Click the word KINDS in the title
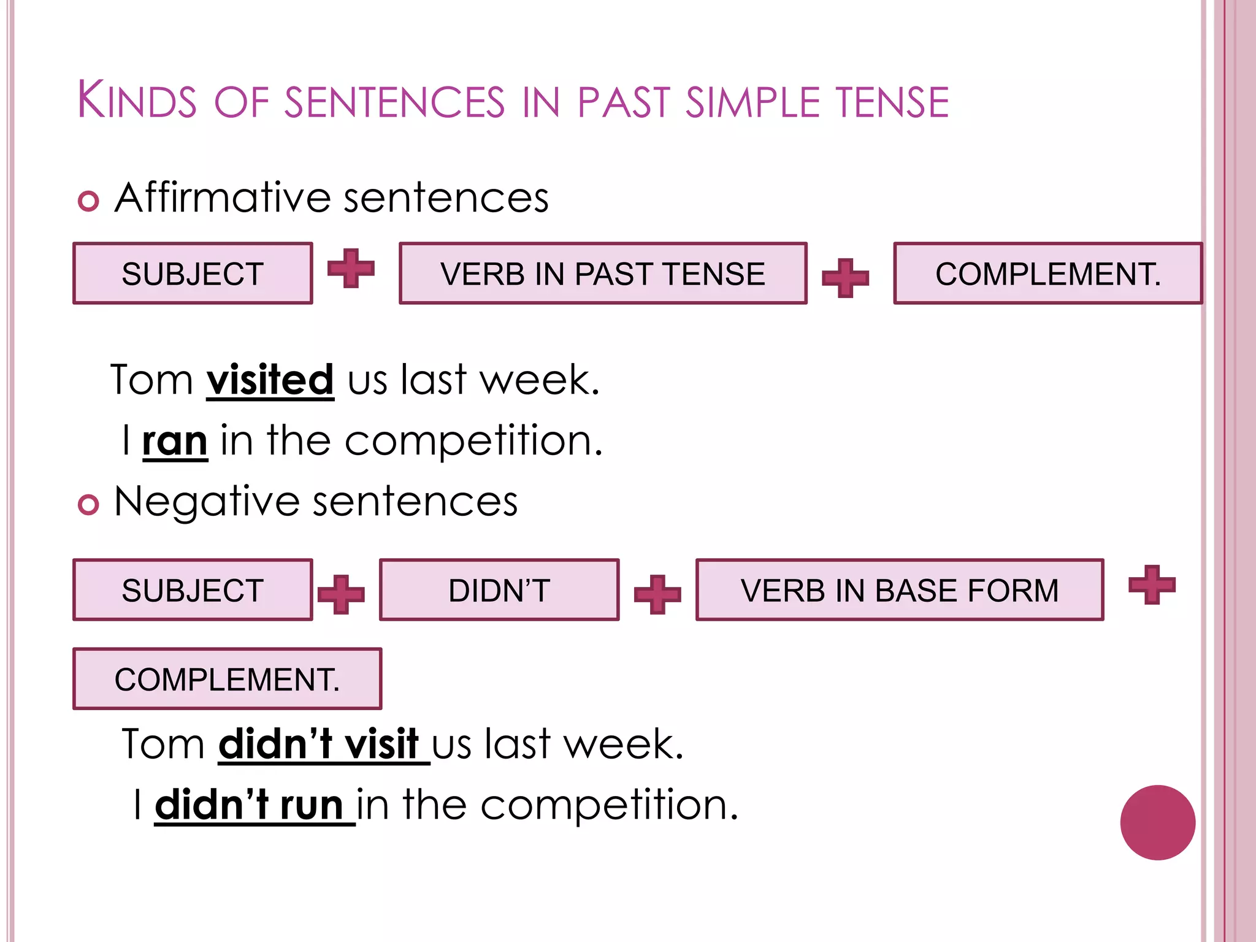tap(136, 101)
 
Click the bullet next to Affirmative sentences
tap(88, 201)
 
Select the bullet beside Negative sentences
tap(88, 505)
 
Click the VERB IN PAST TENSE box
tap(602, 274)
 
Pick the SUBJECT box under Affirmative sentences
tap(193, 274)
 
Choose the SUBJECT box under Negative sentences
tap(193, 590)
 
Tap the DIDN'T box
tap(499, 590)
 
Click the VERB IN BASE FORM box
tap(899, 590)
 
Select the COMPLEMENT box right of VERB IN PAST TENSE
tap(1047, 274)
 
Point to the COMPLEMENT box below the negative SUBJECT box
tap(227, 679)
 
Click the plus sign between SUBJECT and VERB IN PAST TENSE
tap(351, 269)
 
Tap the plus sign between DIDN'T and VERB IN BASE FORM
tap(657, 594)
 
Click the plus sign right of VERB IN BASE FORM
tap(1152, 584)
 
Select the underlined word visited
tap(270, 380)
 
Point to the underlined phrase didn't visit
tap(319, 744)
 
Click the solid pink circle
tap(1157, 822)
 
